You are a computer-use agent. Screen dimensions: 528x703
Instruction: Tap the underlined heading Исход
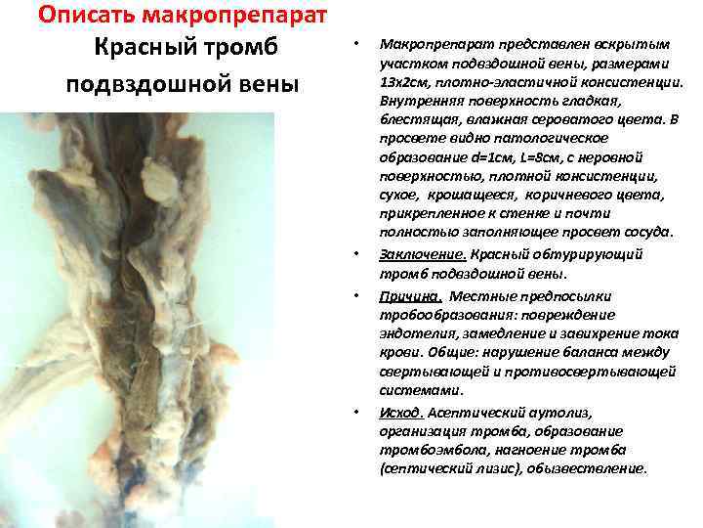400,411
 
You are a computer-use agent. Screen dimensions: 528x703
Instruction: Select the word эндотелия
414,334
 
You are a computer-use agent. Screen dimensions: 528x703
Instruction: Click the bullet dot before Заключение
358,255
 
